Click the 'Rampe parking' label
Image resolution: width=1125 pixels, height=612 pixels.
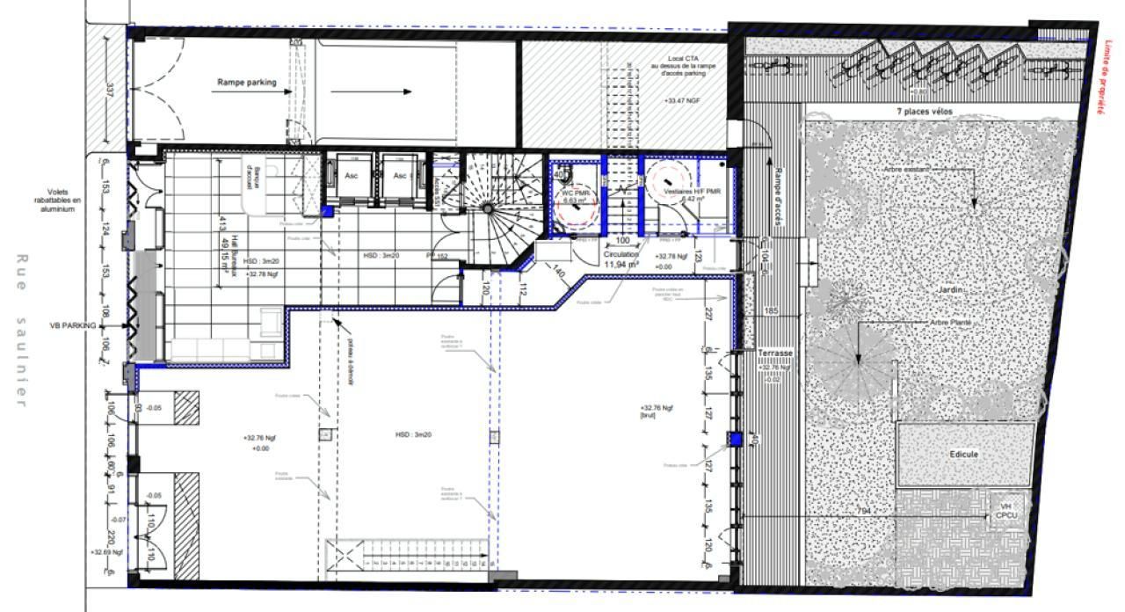pos(246,83)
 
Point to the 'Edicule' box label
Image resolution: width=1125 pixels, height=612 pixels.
pos(963,454)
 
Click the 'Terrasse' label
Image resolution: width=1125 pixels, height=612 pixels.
pos(775,353)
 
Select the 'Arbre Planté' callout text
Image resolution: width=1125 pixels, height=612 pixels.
pos(953,323)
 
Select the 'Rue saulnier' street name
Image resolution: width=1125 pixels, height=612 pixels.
pos(22,331)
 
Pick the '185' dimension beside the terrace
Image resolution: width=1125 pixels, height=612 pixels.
pos(771,310)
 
